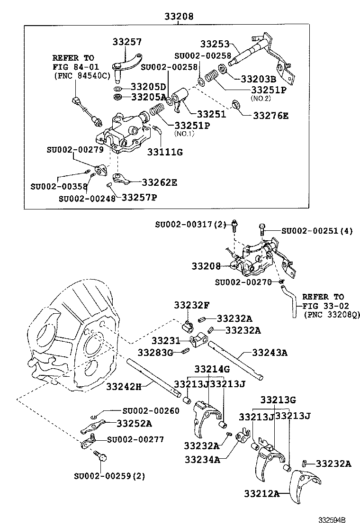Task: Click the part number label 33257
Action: (127, 42)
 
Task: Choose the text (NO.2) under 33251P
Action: (261, 98)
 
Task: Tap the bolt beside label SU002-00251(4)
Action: (261, 230)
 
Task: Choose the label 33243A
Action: (270, 353)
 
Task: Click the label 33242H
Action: (124, 386)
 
